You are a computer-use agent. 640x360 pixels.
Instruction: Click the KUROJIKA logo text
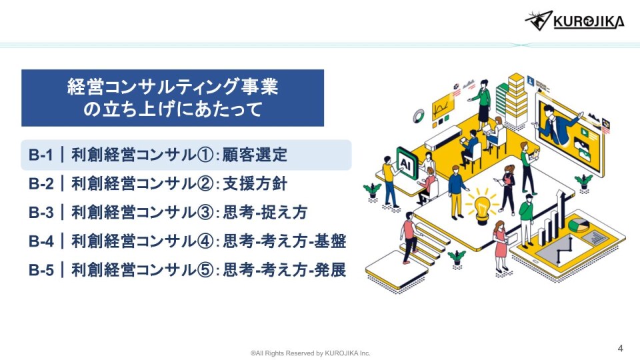(x=589, y=21)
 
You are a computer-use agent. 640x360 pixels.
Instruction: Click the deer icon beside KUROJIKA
(x=539, y=21)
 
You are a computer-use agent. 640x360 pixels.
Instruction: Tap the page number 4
(x=621, y=348)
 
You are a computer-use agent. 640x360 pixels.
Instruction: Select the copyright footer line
(x=311, y=353)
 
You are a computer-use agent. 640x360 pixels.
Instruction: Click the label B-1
(x=41, y=155)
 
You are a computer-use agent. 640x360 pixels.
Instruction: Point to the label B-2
(x=41, y=184)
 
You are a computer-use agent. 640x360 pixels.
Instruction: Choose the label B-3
(x=41, y=212)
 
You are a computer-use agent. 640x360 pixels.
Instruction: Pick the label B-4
(x=41, y=241)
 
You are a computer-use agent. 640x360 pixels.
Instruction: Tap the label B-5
(x=41, y=270)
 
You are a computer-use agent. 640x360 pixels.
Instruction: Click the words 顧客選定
(x=255, y=155)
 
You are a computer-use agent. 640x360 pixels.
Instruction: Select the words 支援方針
(x=255, y=184)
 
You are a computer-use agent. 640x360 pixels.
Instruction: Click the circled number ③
(x=205, y=213)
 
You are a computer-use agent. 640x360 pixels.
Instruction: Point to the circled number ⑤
(x=205, y=270)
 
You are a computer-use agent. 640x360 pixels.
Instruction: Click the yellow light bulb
(x=483, y=207)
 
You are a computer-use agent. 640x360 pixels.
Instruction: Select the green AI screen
(x=407, y=164)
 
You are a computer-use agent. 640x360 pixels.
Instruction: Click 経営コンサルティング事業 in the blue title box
(x=173, y=87)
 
